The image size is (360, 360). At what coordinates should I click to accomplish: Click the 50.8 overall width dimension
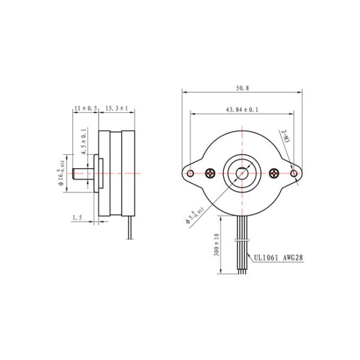tap(242, 88)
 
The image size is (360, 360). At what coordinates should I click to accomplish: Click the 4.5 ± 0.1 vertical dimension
tap(83, 142)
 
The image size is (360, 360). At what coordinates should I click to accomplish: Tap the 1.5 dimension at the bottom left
tap(76, 217)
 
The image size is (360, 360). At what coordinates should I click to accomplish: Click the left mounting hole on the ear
tap(190, 173)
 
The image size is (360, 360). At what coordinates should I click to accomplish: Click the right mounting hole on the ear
tap(293, 173)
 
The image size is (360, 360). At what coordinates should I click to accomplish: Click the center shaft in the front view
tap(242, 173)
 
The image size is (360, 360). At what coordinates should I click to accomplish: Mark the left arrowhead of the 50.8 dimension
tap(184, 92)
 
